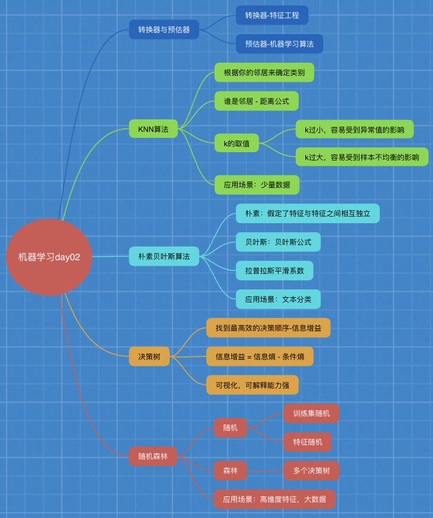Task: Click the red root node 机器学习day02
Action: tap(49, 257)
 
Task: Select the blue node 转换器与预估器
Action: tap(164, 29)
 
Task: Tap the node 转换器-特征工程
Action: tap(272, 16)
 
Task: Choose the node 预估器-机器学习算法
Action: tap(279, 44)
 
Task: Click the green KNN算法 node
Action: tap(153, 129)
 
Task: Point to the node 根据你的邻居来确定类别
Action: tap(264, 73)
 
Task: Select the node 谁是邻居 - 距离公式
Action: tap(256, 101)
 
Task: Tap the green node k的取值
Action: tap(237, 143)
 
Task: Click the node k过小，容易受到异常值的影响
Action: tap(354, 129)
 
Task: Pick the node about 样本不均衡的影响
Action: tap(362, 158)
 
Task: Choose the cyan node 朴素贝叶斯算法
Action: tap(164, 257)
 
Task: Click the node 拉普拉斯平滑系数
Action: tap(274, 270)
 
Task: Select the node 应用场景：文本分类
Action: tap(278, 299)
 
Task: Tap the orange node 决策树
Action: tap(149, 356)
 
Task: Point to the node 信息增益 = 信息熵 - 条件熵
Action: tap(259, 356)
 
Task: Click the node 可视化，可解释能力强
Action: tap(252, 385)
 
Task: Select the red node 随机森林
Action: tap(153, 456)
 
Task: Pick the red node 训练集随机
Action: tap(311, 414)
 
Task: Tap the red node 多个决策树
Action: tap(311, 470)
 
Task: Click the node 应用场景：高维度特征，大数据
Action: tap(274, 499)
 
